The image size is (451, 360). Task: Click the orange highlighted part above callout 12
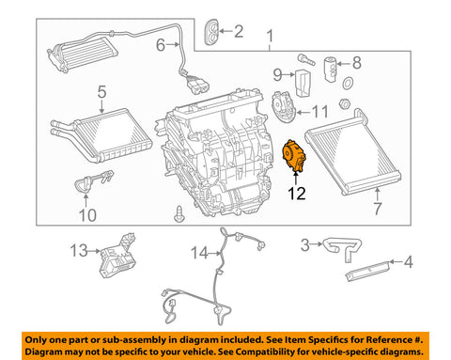click(x=294, y=156)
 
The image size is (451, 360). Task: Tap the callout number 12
click(x=296, y=194)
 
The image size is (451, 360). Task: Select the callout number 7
click(x=378, y=209)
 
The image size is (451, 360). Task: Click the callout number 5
click(x=101, y=92)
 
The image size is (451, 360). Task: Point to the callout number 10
click(x=87, y=215)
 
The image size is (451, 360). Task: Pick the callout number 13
click(x=79, y=251)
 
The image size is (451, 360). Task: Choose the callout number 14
click(x=199, y=253)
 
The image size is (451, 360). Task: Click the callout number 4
click(x=408, y=262)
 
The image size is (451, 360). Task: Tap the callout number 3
click(x=305, y=244)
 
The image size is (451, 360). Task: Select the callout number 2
click(x=239, y=31)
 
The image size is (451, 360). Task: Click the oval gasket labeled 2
click(x=212, y=32)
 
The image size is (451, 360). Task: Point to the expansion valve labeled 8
click(x=330, y=69)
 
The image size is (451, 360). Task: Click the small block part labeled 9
click(x=303, y=83)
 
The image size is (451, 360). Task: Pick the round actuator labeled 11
click(x=283, y=106)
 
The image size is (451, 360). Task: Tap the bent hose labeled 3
click(x=343, y=247)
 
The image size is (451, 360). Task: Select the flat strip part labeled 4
click(x=368, y=271)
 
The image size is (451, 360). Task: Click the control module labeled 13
click(x=117, y=257)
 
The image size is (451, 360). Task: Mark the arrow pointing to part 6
click(x=173, y=45)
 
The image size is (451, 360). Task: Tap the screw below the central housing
click(x=179, y=214)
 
